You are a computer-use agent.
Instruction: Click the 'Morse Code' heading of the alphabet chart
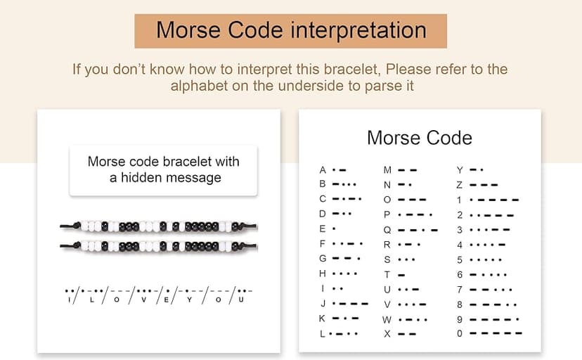420,137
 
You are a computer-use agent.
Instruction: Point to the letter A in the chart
323,170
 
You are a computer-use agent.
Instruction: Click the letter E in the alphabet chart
323,229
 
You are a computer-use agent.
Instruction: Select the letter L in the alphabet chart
323,333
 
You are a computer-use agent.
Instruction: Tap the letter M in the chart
387,170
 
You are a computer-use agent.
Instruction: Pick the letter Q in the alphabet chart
387,229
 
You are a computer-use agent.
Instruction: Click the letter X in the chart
387,333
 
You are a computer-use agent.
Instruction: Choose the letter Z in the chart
459,185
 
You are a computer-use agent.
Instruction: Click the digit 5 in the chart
459,259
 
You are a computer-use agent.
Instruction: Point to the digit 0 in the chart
459,333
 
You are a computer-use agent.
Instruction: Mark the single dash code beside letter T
401,274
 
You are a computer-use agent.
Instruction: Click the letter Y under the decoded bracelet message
189,300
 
